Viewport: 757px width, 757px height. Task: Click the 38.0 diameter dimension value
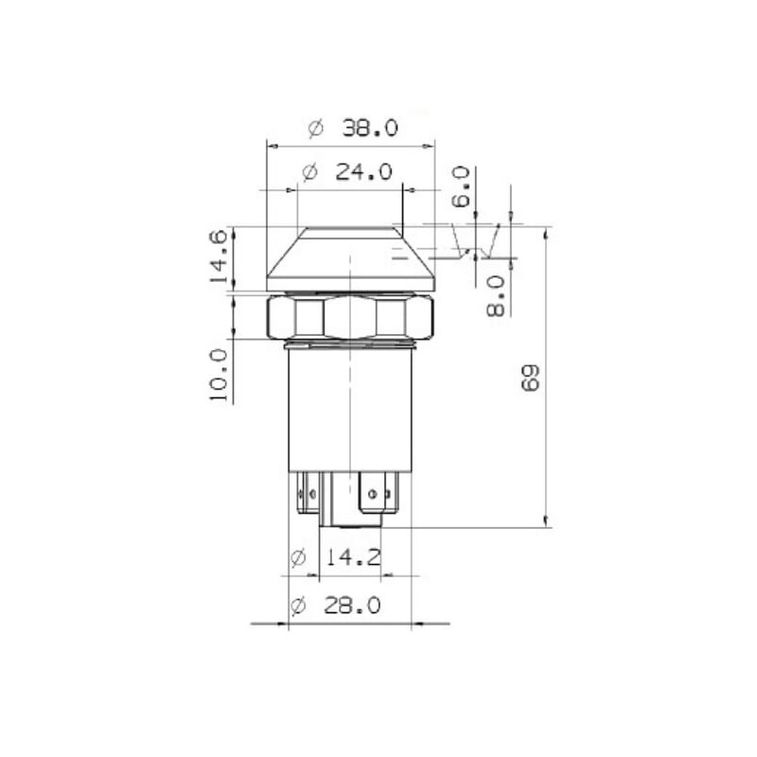(x=370, y=129)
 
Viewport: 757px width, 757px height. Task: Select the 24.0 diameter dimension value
(x=363, y=172)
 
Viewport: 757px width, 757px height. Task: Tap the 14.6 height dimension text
(x=218, y=256)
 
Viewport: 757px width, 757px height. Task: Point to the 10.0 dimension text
(x=218, y=375)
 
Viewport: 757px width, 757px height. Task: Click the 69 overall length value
(x=530, y=378)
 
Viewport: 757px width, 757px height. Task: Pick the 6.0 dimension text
(x=461, y=186)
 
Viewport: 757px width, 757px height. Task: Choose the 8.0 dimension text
(x=495, y=296)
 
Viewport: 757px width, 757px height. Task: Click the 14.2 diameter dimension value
(x=353, y=557)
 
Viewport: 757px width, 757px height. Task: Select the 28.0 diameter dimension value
(x=352, y=605)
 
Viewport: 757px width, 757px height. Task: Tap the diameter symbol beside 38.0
(x=315, y=129)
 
